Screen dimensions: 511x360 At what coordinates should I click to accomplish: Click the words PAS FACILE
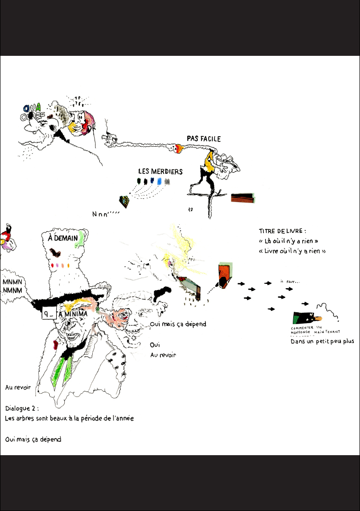(203, 139)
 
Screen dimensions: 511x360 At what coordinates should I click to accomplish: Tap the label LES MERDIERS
(160, 171)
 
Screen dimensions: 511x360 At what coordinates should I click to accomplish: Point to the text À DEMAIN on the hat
(63, 238)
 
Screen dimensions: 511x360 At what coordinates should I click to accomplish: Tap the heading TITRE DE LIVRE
(282, 231)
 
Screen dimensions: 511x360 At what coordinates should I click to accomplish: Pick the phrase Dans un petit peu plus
(322, 342)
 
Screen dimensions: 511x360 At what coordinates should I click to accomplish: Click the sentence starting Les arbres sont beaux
(70, 418)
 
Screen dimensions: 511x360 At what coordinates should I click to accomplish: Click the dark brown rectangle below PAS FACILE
(243, 198)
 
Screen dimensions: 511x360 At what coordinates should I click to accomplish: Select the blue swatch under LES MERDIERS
(159, 181)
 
